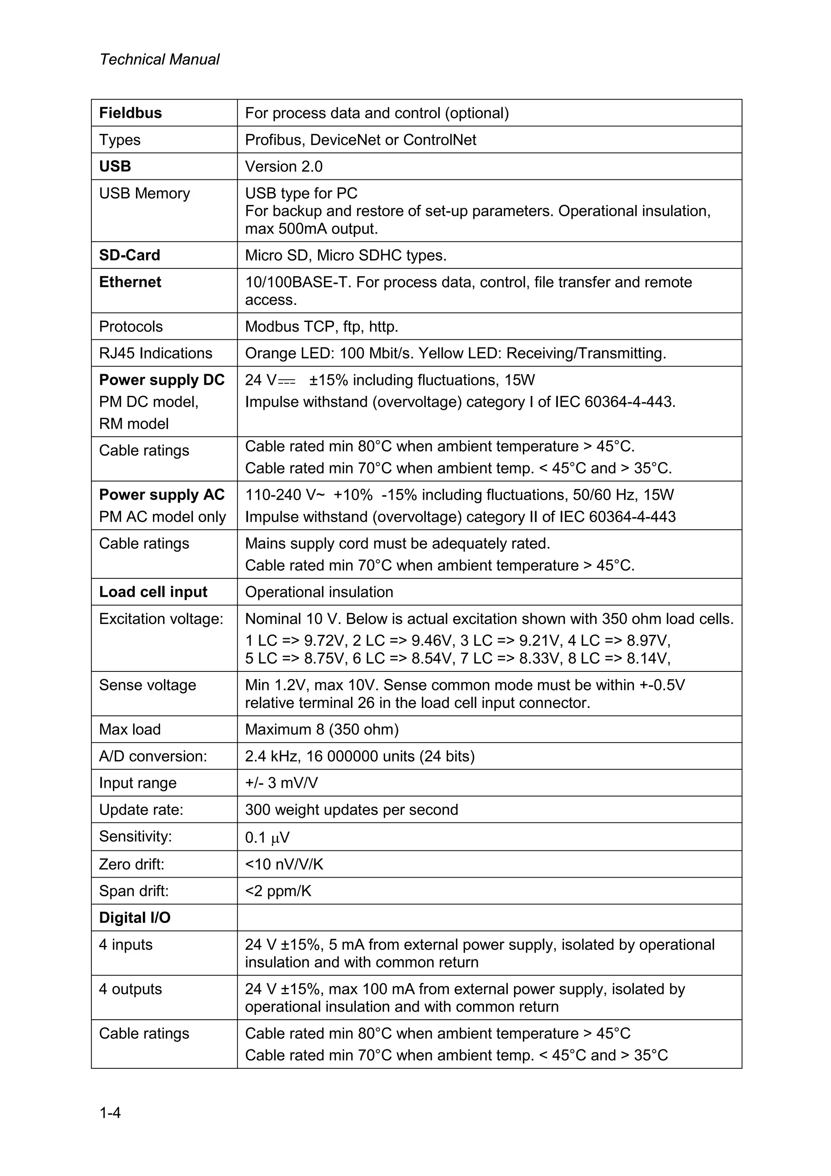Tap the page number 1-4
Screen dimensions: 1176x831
tap(110, 1113)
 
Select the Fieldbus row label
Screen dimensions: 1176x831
tap(130, 113)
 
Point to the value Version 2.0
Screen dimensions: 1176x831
tap(284, 166)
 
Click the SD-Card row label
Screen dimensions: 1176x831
tap(129, 255)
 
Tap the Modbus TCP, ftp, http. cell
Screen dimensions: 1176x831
tap(321, 326)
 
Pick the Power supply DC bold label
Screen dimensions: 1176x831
tap(162, 380)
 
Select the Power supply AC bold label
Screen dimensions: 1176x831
tap(162, 494)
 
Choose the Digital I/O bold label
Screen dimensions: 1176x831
tap(135, 917)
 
